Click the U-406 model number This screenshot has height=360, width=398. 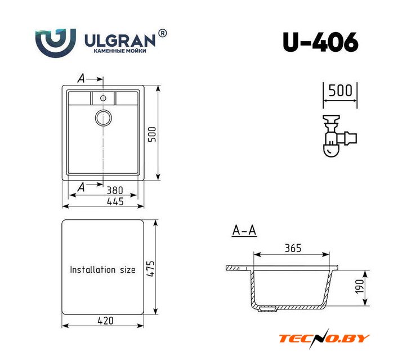[x=320, y=42]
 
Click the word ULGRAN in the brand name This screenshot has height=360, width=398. [x=120, y=41]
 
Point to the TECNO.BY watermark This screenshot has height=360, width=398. [x=324, y=339]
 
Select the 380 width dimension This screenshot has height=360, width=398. [x=114, y=190]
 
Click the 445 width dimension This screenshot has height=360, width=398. [x=115, y=202]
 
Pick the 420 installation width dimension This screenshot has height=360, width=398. [x=105, y=321]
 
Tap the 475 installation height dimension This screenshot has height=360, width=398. [x=150, y=268]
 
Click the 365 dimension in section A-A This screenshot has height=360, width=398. [x=293, y=248]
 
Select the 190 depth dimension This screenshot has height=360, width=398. [x=360, y=286]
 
